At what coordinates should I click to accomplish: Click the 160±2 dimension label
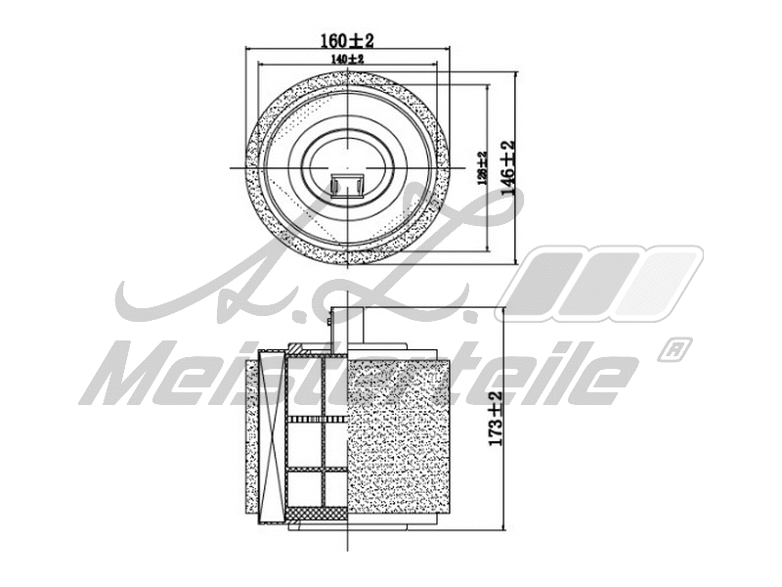coord(348,40)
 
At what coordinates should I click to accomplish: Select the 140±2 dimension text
coord(348,60)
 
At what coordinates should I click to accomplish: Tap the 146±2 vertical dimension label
coord(507,168)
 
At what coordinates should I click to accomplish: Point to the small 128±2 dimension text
coord(481,169)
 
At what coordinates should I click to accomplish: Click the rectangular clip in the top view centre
coord(347,184)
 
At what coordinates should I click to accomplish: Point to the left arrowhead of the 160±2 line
coord(245,49)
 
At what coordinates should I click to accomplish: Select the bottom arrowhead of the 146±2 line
coord(514,263)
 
